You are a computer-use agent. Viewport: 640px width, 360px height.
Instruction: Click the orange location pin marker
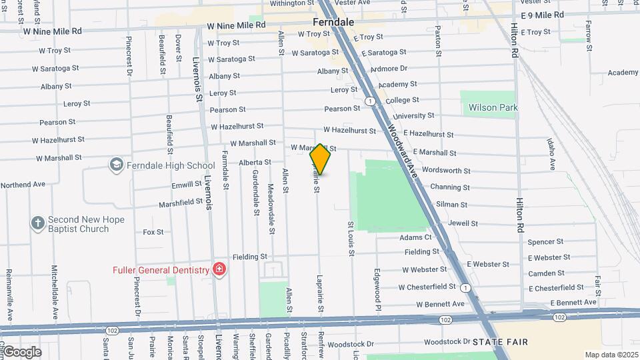point(320,159)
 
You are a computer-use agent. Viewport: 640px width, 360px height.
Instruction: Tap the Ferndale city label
point(333,21)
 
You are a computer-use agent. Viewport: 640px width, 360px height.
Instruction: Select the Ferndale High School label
point(172,165)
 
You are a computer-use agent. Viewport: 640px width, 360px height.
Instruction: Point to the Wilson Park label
point(493,107)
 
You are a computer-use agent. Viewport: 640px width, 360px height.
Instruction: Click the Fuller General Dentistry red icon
point(219,269)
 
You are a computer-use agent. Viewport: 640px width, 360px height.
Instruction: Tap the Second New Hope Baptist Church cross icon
point(37,223)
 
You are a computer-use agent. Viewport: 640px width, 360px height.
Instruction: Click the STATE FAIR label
point(500,342)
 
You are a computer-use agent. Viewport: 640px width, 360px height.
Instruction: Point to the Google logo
point(21,352)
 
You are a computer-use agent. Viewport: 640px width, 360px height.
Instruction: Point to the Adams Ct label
point(415,237)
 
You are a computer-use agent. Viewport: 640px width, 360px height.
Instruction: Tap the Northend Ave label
point(23,184)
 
